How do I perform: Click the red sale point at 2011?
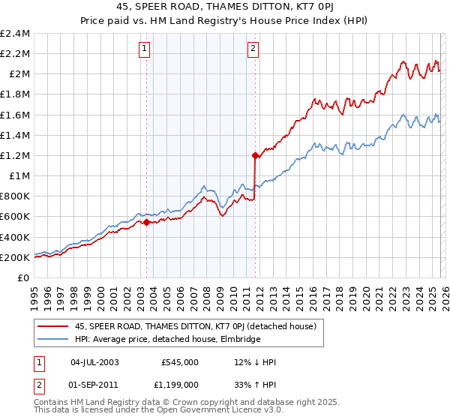point(255,156)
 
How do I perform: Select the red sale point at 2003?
point(147,222)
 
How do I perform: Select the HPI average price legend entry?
point(167,339)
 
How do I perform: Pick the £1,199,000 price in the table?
point(179,386)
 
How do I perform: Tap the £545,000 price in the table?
point(179,362)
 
